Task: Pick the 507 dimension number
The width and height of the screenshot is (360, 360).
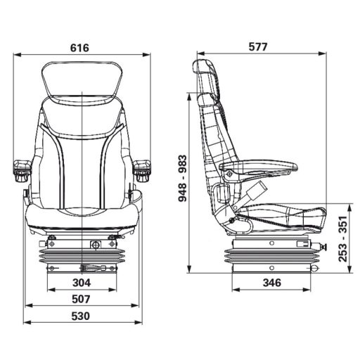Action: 82,299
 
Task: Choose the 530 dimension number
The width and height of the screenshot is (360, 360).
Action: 82,316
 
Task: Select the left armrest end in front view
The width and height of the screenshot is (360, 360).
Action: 22,167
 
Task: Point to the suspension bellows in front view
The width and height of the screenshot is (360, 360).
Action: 82,255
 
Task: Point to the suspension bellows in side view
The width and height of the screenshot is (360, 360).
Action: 271,255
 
